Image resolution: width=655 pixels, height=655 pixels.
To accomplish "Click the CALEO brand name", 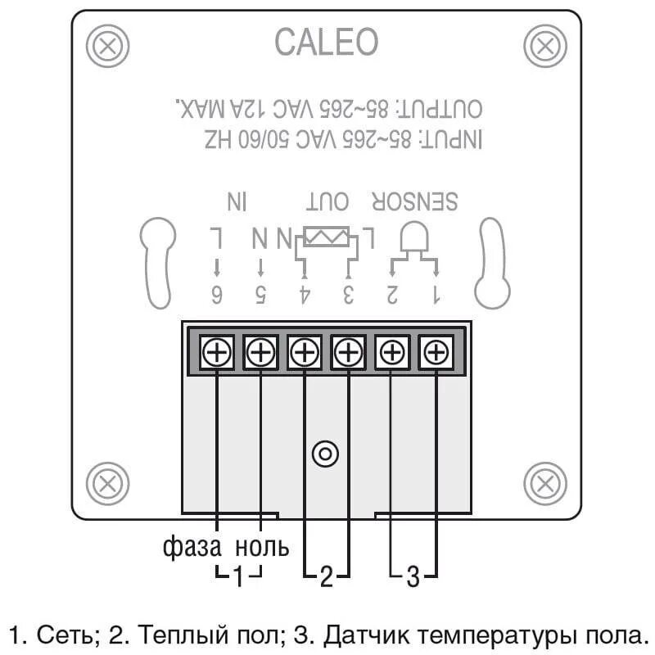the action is click(x=326, y=43).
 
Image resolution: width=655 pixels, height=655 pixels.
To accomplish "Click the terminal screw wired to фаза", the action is click(x=217, y=353).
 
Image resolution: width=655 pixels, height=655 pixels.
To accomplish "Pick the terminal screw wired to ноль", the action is click(x=260, y=353).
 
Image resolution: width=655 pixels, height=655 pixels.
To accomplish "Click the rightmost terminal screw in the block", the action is click(x=436, y=353).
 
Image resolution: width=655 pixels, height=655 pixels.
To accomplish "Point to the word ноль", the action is click(x=262, y=546).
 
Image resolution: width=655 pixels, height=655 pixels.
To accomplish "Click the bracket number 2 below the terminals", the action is click(x=326, y=577).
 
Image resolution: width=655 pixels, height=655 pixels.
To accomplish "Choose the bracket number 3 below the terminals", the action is click(x=413, y=577).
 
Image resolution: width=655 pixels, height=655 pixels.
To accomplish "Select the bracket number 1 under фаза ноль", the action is click(x=238, y=577).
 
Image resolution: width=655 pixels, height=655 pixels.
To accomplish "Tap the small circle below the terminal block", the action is click(x=326, y=452).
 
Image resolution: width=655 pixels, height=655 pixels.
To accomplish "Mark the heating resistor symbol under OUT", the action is click(x=326, y=237).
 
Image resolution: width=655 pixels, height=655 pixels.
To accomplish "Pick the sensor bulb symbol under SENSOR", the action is click(x=413, y=239).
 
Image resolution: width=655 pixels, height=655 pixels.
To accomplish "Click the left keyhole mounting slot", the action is click(x=157, y=262).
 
